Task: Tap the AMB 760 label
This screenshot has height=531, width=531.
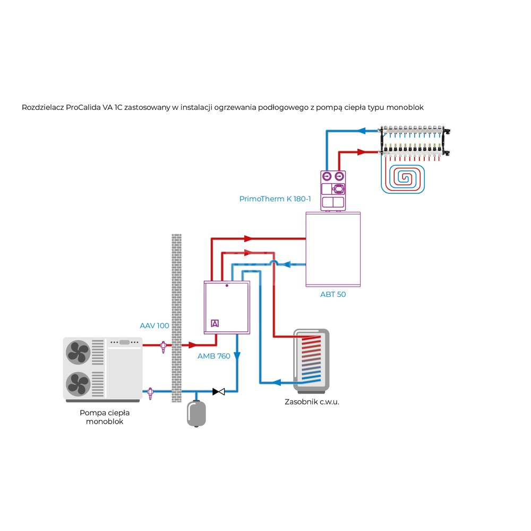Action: (x=214, y=356)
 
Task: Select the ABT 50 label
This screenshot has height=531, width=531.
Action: (x=333, y=294)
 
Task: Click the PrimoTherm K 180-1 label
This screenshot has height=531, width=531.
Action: (x=275, y=199)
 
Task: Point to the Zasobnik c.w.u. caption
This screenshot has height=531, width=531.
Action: (x=312, y=402)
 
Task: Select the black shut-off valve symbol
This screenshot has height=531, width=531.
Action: (x=218, y=392)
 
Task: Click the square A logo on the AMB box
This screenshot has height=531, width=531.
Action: (x=215, y=323)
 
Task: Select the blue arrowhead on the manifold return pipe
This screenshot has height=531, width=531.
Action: (x=364, y=130)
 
